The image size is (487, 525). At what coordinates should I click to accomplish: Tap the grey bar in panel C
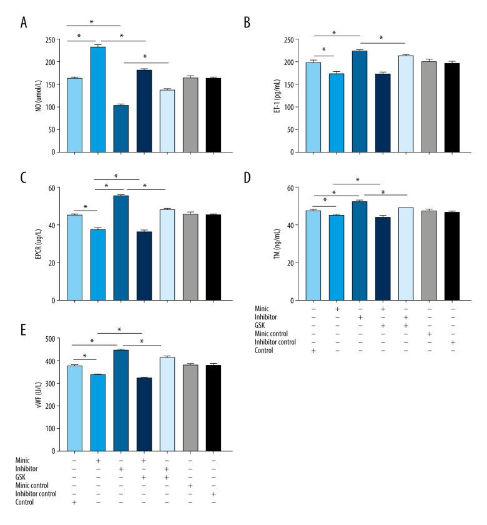[190, 257]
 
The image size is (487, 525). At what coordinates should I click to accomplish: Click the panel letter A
[24, 23]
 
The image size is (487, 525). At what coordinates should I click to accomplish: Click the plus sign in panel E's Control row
[74, 503]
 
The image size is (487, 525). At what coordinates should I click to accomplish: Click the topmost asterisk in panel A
[92, 22]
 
